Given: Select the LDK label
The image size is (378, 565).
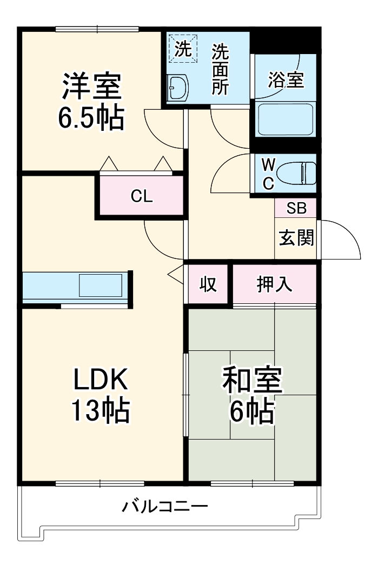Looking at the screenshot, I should click(x=101, y=381).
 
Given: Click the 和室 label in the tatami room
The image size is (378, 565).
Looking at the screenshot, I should click(x=252, y=382).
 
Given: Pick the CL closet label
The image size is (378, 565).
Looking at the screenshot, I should click(x=142, y=197).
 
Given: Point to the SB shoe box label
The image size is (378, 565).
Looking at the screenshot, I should click(x=296, y=208).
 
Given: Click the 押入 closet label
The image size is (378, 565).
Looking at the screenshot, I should click(x=274, y=284).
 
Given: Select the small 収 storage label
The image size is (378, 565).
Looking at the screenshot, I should click(x=208, y=284).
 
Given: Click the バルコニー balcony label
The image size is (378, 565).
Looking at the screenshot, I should click(x=164, y=507).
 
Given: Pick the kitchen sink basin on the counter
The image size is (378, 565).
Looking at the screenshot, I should click(x=101, y=285).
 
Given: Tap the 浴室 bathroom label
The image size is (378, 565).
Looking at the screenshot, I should click(x=286, y=80).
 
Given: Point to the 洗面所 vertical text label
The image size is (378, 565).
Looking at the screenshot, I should click(x=220, y=69).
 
